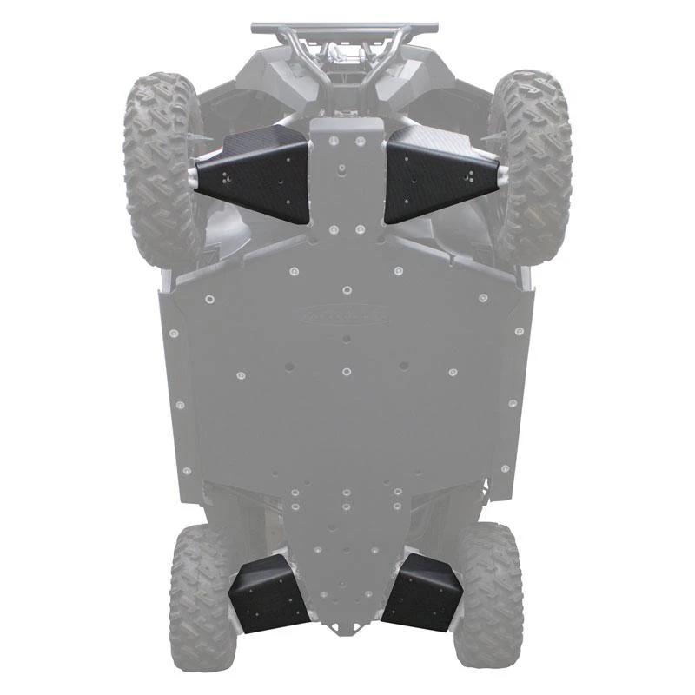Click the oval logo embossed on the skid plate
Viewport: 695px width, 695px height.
(345, 315)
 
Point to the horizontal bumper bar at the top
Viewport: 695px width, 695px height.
(345, 29)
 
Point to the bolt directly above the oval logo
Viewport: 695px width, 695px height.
(347, 288)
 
